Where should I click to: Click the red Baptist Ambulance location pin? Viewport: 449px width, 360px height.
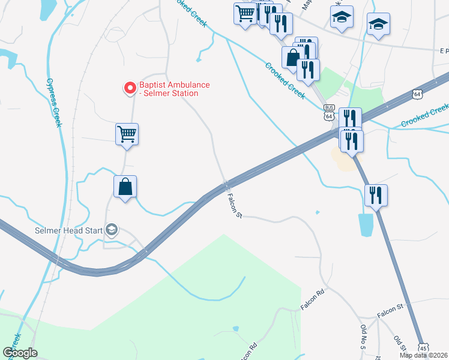(129, 89)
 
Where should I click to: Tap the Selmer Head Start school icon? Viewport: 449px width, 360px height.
(111, 229)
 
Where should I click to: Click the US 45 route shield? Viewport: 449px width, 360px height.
(424, 348)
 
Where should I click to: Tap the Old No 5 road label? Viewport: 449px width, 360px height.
(364, 337)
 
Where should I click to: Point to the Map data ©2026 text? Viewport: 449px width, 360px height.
(424, 355)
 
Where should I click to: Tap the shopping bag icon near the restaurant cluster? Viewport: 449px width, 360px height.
(292, 58)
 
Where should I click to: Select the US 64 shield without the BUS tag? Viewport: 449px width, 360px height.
(418, 94)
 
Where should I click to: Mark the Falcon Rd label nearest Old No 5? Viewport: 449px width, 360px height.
(312, 299)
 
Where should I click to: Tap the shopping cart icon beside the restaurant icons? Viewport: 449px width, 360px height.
(245, 13)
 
